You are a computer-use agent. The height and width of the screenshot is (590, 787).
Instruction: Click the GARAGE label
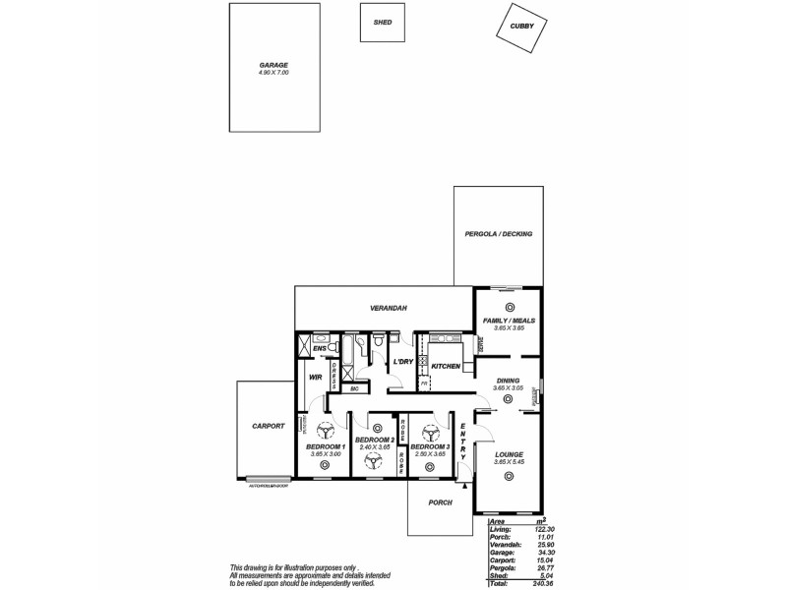click(x=273, y=65)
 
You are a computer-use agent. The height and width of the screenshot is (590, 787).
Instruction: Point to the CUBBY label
click(x=521, y=28)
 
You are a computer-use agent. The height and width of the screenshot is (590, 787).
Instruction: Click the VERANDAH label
click(x=389, y=309)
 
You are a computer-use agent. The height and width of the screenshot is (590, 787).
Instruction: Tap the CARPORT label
click(x=268, y=426)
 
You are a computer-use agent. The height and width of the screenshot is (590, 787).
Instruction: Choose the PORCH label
click(x=440, y=502)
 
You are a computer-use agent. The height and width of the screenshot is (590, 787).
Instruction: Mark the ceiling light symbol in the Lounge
click(x=509, y=477)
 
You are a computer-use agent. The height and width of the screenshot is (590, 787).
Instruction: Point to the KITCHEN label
click(x=446, y=366)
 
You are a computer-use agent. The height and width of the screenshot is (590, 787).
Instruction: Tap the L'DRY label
click(x=402, y=362)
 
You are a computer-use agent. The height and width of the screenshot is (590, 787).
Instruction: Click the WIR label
click(x=316, y=377)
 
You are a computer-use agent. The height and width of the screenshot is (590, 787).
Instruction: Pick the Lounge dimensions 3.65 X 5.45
click(x=509, y=461)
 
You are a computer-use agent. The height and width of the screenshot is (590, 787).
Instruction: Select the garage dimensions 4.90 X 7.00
click(x=273, y=73)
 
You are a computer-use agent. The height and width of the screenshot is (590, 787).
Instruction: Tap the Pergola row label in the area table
click(x=503, y=568)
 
